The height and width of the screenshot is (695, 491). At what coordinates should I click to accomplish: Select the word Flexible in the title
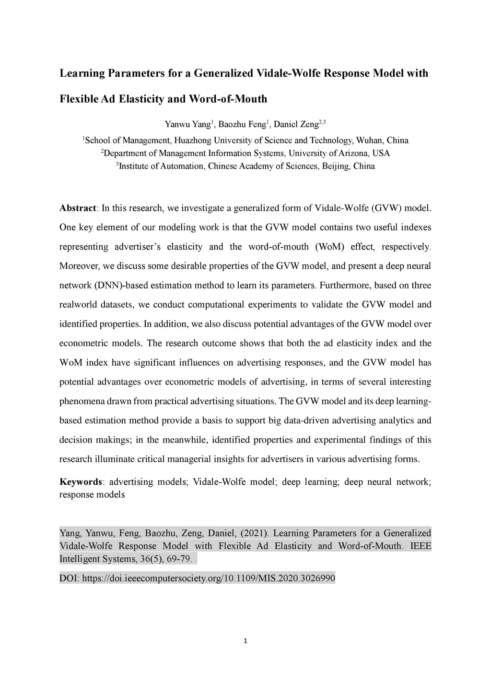79,99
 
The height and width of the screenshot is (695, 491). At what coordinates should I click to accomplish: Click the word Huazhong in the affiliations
192,141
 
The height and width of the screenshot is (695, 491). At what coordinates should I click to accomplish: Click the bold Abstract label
78,208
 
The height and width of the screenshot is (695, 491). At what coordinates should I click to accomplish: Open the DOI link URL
209,578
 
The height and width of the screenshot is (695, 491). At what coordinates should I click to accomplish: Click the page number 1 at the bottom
245,641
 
